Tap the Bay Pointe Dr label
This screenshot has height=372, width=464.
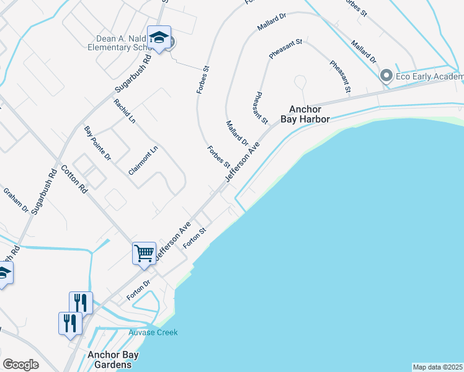97,143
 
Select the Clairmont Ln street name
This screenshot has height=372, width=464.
145,160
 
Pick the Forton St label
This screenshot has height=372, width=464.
194,238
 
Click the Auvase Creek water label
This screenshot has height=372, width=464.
153,333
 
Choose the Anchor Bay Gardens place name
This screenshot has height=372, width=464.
113,360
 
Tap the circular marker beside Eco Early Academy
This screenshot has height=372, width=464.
386,76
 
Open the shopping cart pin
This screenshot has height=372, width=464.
144,253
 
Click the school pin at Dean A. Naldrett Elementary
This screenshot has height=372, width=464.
159,38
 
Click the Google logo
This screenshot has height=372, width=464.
21,365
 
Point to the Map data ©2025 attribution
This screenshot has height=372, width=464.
437,367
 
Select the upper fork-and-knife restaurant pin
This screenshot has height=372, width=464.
81,302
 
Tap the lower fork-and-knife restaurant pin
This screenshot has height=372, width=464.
70,322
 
